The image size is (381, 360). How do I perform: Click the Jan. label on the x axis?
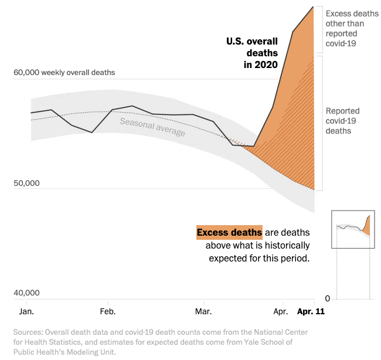coord(27,311)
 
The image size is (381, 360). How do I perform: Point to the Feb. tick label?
coord(108,311)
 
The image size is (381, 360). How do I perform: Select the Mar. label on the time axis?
coord(203,311)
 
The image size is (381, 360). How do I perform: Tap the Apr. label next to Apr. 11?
coord(281,311)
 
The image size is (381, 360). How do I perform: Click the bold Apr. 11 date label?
coord(310,311)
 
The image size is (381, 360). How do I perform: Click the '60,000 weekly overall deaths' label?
coord(64,73)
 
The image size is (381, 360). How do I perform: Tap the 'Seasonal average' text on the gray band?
coord(152,127)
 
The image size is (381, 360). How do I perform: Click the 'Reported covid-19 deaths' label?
coord(343,121)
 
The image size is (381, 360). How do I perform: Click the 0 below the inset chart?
coord(328,298)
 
